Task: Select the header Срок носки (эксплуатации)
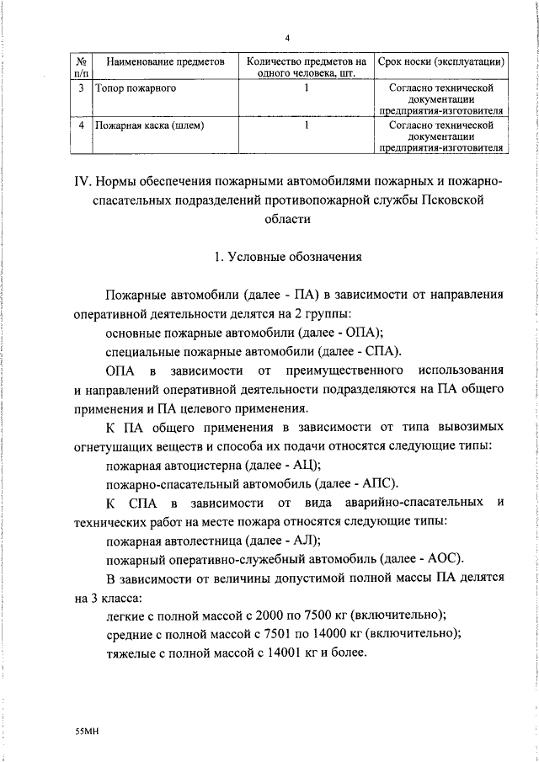[x=440, y=63]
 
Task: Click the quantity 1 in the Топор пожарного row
[x=306, y=88]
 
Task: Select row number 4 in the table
[x=80, y=125]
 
